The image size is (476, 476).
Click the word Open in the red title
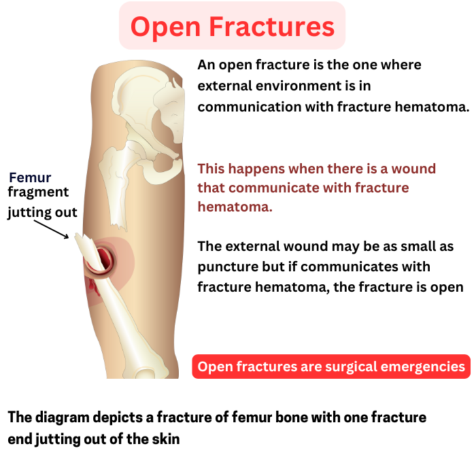point(165,27)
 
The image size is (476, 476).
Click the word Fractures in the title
point(272,27)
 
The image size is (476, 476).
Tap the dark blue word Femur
point(30,177)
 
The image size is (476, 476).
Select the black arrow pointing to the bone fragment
point(51,230)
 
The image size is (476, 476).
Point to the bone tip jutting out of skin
point(78,236)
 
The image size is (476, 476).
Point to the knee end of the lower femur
point(151,373)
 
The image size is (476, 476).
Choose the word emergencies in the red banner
point(422,367)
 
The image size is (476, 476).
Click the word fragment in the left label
point(38,192)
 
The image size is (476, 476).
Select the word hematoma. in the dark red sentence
point(235,207)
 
